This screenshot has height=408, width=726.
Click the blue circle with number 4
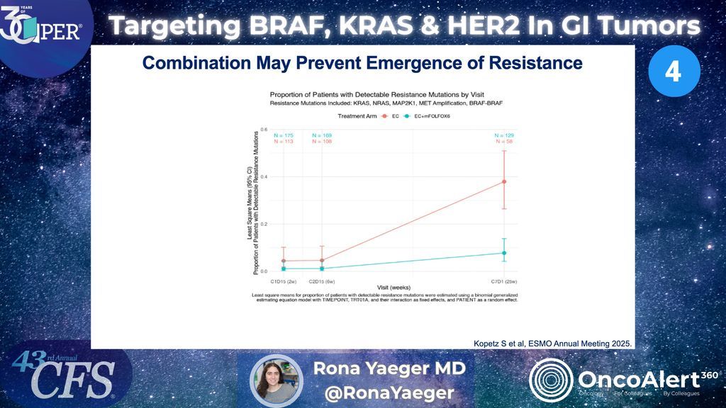674,72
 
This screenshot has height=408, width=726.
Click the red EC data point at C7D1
504,181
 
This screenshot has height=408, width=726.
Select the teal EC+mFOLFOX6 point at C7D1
504,253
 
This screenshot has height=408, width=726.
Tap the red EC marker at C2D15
322,260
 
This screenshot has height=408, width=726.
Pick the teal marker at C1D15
284,268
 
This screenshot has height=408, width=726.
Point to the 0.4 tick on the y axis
264,176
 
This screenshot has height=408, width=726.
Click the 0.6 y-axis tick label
264,130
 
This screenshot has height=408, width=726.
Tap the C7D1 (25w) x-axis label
504,280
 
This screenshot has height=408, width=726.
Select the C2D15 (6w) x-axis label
322,280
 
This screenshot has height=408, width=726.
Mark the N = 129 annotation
504,135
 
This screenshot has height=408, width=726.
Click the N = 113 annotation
284,141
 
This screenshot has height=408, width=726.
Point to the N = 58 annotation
504,141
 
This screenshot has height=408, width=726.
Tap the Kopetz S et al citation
552,344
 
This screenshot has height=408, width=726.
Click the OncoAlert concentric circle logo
551,380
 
